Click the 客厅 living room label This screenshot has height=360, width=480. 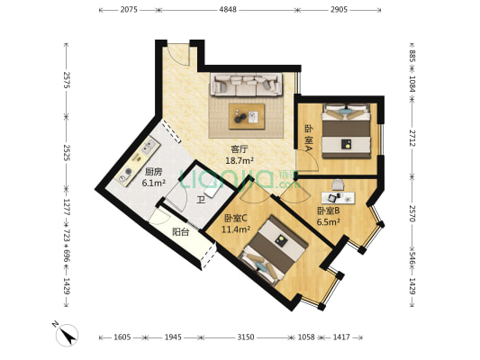pos(240,149)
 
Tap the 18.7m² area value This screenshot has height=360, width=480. pos(240,160)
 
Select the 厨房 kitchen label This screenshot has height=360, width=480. pos(153,172)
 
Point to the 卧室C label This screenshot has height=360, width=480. pos(236,218)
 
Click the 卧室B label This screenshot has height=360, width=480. pos(328,211)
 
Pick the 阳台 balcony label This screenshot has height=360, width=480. pos(181,232)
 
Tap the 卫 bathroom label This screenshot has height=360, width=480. pos(201,201)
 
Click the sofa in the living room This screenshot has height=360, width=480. pos(246,85)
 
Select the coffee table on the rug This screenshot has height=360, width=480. pos(247,116)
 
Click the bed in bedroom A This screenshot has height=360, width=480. pos(346,130)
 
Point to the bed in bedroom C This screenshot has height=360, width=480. pos(273,251)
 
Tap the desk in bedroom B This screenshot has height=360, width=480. pos(338,198)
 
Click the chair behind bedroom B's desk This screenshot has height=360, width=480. pos(338,185)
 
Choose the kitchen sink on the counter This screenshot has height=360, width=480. pos(149,146)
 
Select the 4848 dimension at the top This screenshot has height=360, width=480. pos(228,10)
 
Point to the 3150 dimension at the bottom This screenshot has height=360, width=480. pos(246,337)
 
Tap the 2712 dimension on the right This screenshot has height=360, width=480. pos(412,139)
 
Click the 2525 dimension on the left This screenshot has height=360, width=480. pos(67,153)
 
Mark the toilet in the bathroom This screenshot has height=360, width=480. pos(212,191)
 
